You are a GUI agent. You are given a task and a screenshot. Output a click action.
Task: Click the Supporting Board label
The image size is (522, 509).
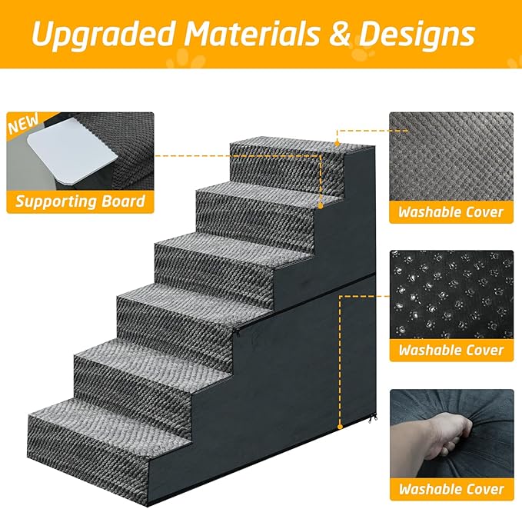point(80,202)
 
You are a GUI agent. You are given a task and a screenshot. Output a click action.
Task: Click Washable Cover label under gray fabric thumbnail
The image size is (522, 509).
point(451,211)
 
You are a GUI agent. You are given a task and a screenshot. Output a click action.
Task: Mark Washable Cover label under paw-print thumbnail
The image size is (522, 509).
point(451,350)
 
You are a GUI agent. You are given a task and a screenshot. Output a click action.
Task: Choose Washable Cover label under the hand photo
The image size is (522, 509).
point(451,489)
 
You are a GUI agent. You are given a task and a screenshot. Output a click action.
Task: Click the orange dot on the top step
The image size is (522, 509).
point(337,141)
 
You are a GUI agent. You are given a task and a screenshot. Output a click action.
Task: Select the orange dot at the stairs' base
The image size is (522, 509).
point(340,428)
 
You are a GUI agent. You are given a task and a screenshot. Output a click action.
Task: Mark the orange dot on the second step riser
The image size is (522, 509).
point(321,206)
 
